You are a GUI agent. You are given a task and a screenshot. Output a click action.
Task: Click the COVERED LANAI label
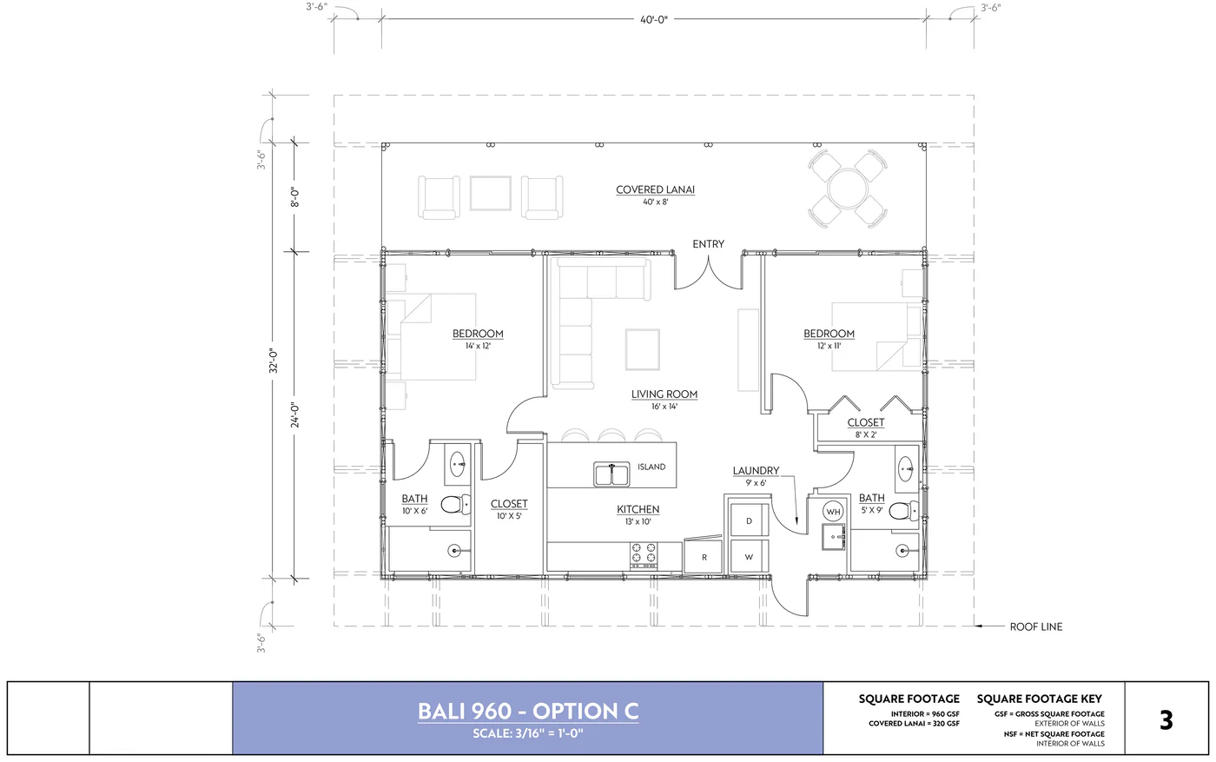655,189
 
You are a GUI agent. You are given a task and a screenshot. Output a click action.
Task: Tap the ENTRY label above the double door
708,244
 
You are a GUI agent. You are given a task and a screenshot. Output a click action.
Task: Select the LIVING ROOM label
664,394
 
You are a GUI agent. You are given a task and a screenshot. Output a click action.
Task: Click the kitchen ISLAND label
651,467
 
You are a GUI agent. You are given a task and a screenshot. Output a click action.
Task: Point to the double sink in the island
611,474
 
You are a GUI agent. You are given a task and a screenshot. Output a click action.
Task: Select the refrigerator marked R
704,557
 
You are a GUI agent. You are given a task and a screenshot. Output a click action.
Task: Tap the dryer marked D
749,520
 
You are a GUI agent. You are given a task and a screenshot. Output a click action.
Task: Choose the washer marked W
749,557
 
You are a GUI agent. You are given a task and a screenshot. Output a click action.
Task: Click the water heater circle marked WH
833,512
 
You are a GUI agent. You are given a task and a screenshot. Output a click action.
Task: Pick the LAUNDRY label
756,471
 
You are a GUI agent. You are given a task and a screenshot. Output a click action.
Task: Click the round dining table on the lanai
847,188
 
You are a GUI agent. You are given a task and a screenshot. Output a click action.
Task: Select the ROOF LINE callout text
1035,626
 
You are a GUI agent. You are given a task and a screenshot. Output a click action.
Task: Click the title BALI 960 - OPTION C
528,711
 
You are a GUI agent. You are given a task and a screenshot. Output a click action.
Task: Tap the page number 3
1166,719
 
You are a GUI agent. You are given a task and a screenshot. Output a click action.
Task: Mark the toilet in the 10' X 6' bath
453,505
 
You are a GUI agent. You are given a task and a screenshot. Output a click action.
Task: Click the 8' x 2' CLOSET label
866,422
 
